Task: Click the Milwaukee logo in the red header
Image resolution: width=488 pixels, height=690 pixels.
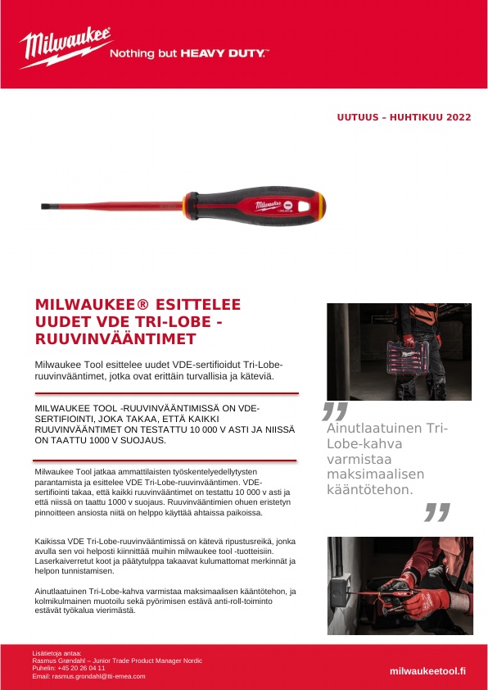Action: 66,48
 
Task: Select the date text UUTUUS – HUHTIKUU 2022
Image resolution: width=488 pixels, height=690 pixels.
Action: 404,117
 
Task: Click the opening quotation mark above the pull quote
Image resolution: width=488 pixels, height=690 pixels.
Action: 334,411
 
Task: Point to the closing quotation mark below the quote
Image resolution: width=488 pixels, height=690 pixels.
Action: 437,513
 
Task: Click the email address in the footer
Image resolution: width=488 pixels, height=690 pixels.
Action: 88,676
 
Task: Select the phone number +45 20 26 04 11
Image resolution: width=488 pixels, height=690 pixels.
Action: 80,668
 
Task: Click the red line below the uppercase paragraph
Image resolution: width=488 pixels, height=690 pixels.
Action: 164,461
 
